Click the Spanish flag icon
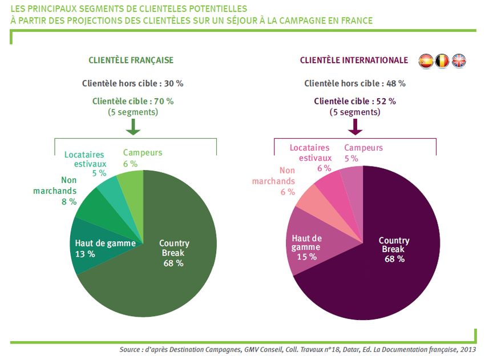pos(426,60)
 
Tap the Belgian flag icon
pos(442,60)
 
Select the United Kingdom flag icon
pos(459,60)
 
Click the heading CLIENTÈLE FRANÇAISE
pos(131,60)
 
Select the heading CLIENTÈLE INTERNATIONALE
pos(354,60)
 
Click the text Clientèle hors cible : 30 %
pos(132,83)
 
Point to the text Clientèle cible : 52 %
pos(354,101)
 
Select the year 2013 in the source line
pos(467,349)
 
